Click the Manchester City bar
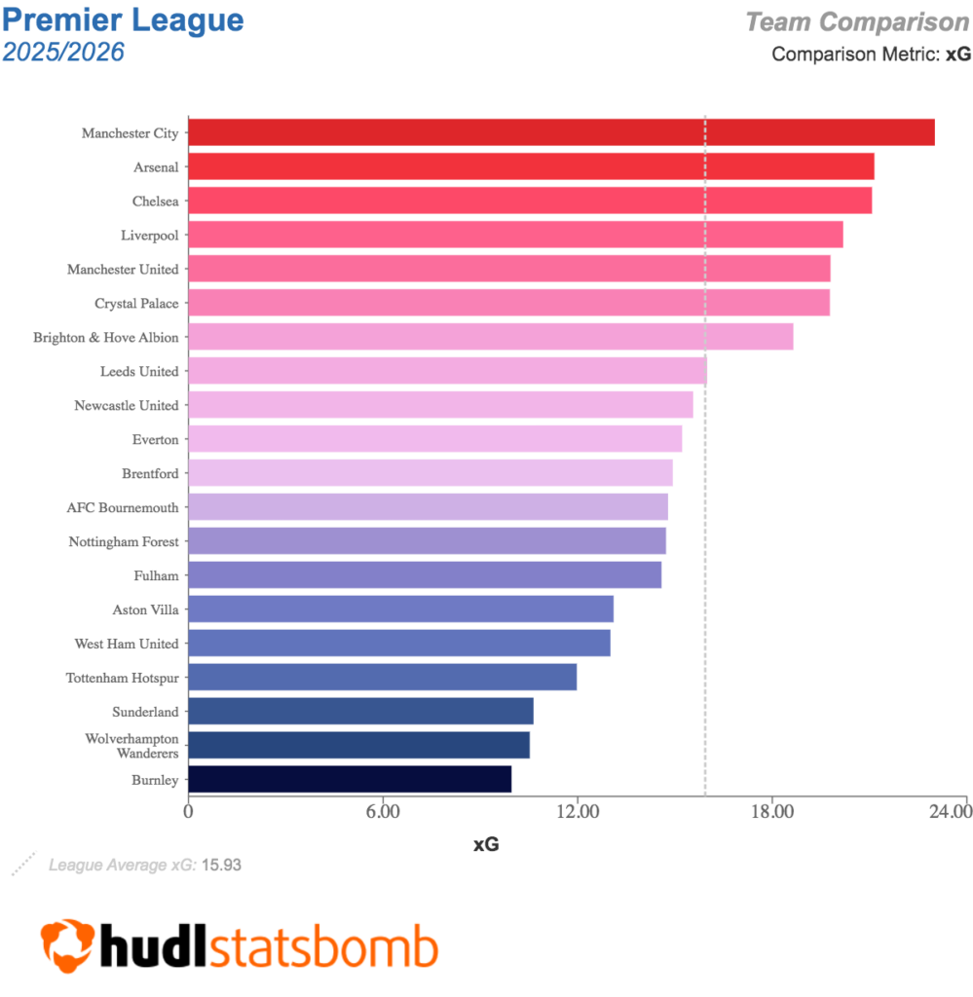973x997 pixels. (x=561, y=132)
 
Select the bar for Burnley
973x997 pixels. (x=350, y=779)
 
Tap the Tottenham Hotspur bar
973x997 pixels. (x=382, y=677)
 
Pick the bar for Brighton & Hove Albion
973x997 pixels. (x=490, y=337)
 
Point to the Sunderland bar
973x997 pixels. (x=360, y=711)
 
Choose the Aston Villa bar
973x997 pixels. (x=400, y=609)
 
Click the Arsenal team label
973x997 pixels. (x=156, y=167)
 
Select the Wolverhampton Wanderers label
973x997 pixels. (x=131, y=746)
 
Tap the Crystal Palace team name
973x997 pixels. (x=136, y=304)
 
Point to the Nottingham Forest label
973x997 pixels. (x=124, y=541)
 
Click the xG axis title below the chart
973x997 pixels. (x=486, y=845)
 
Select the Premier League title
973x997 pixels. (x=124, y=19)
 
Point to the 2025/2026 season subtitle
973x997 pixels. (x=63, y=52)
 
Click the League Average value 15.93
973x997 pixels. (x=221, y=864)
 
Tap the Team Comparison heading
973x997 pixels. (x=857, y=21)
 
